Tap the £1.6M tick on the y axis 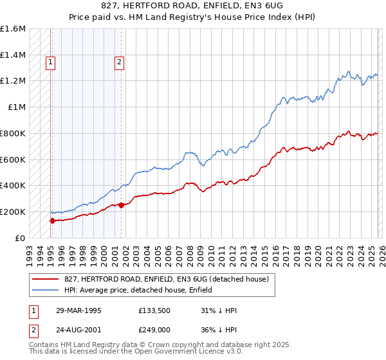(13, 29)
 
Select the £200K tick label (13, 212)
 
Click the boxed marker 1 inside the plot (50, 62)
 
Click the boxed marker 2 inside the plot (120, 62)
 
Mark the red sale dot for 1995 (52, 221)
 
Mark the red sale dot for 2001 (121, 206)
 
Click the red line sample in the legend (45, 279)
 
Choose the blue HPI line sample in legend (45, 290)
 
